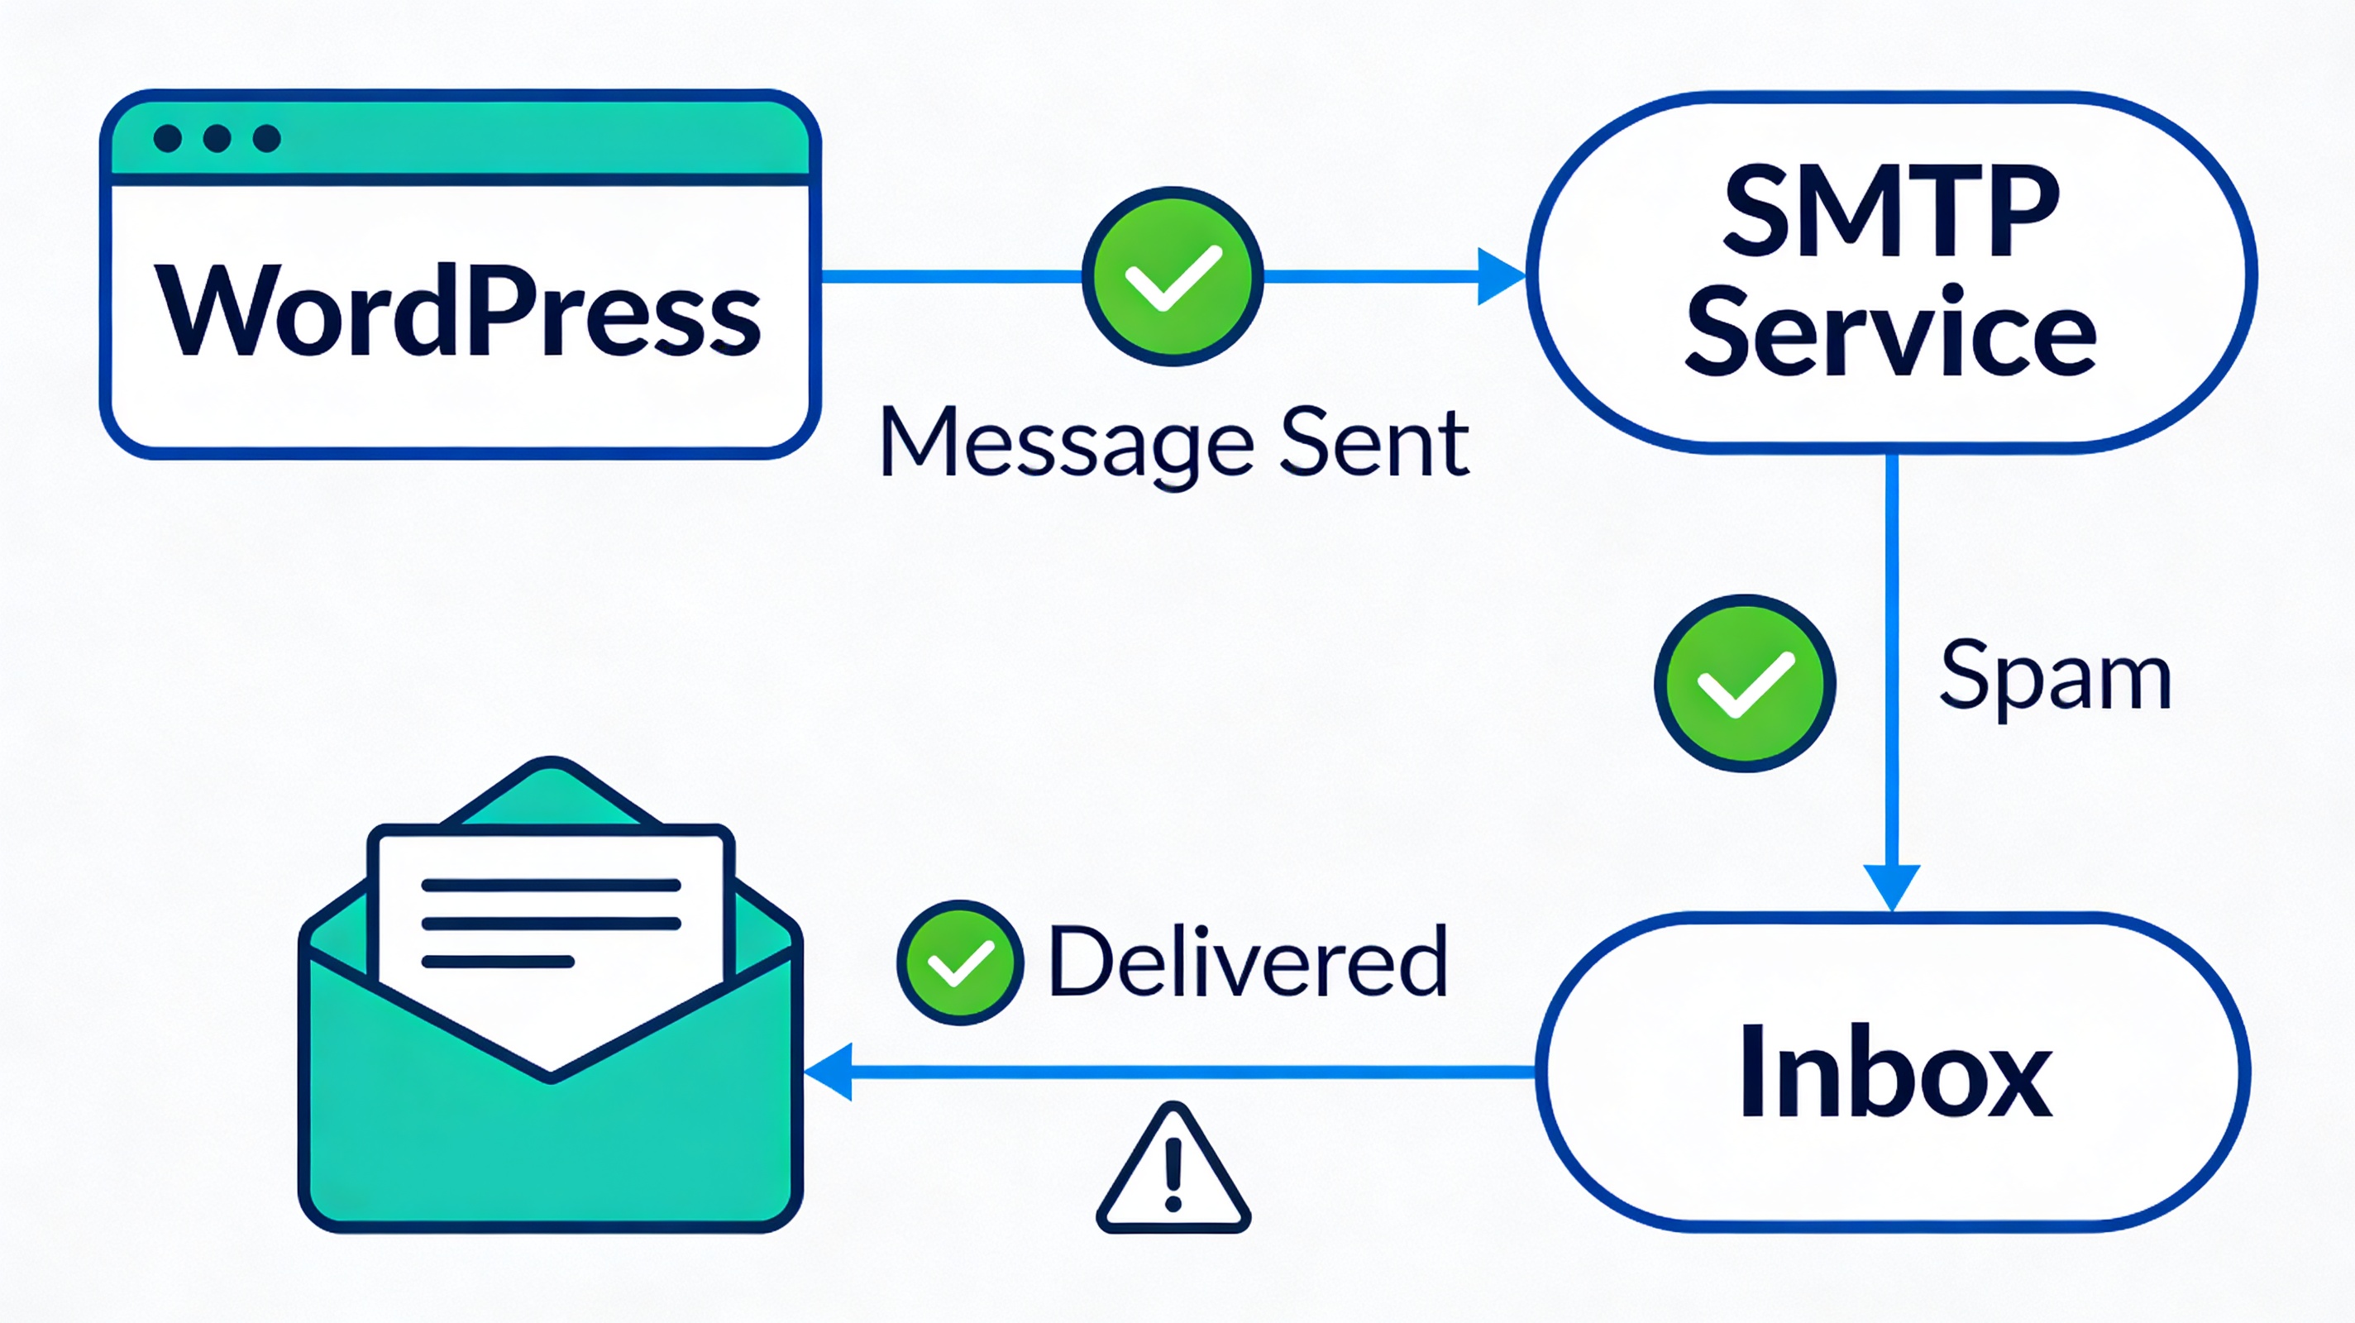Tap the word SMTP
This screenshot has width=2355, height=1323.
coord(1889,213)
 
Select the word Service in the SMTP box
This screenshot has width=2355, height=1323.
coord(1889,332)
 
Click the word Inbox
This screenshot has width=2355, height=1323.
coord(1895,1072)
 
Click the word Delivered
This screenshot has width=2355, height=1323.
coord(1248,962)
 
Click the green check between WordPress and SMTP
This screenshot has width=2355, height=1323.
coord(1172,276)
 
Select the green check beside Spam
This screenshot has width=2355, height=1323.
coord(1744,683)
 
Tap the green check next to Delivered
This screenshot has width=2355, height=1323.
coord(960,962)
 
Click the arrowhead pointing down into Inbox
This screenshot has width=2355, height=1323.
coord(1891,885)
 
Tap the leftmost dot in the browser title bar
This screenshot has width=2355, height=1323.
coord(167,138)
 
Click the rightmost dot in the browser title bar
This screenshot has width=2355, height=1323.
coord(266,138)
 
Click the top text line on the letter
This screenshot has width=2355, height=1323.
coord(551,885)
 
